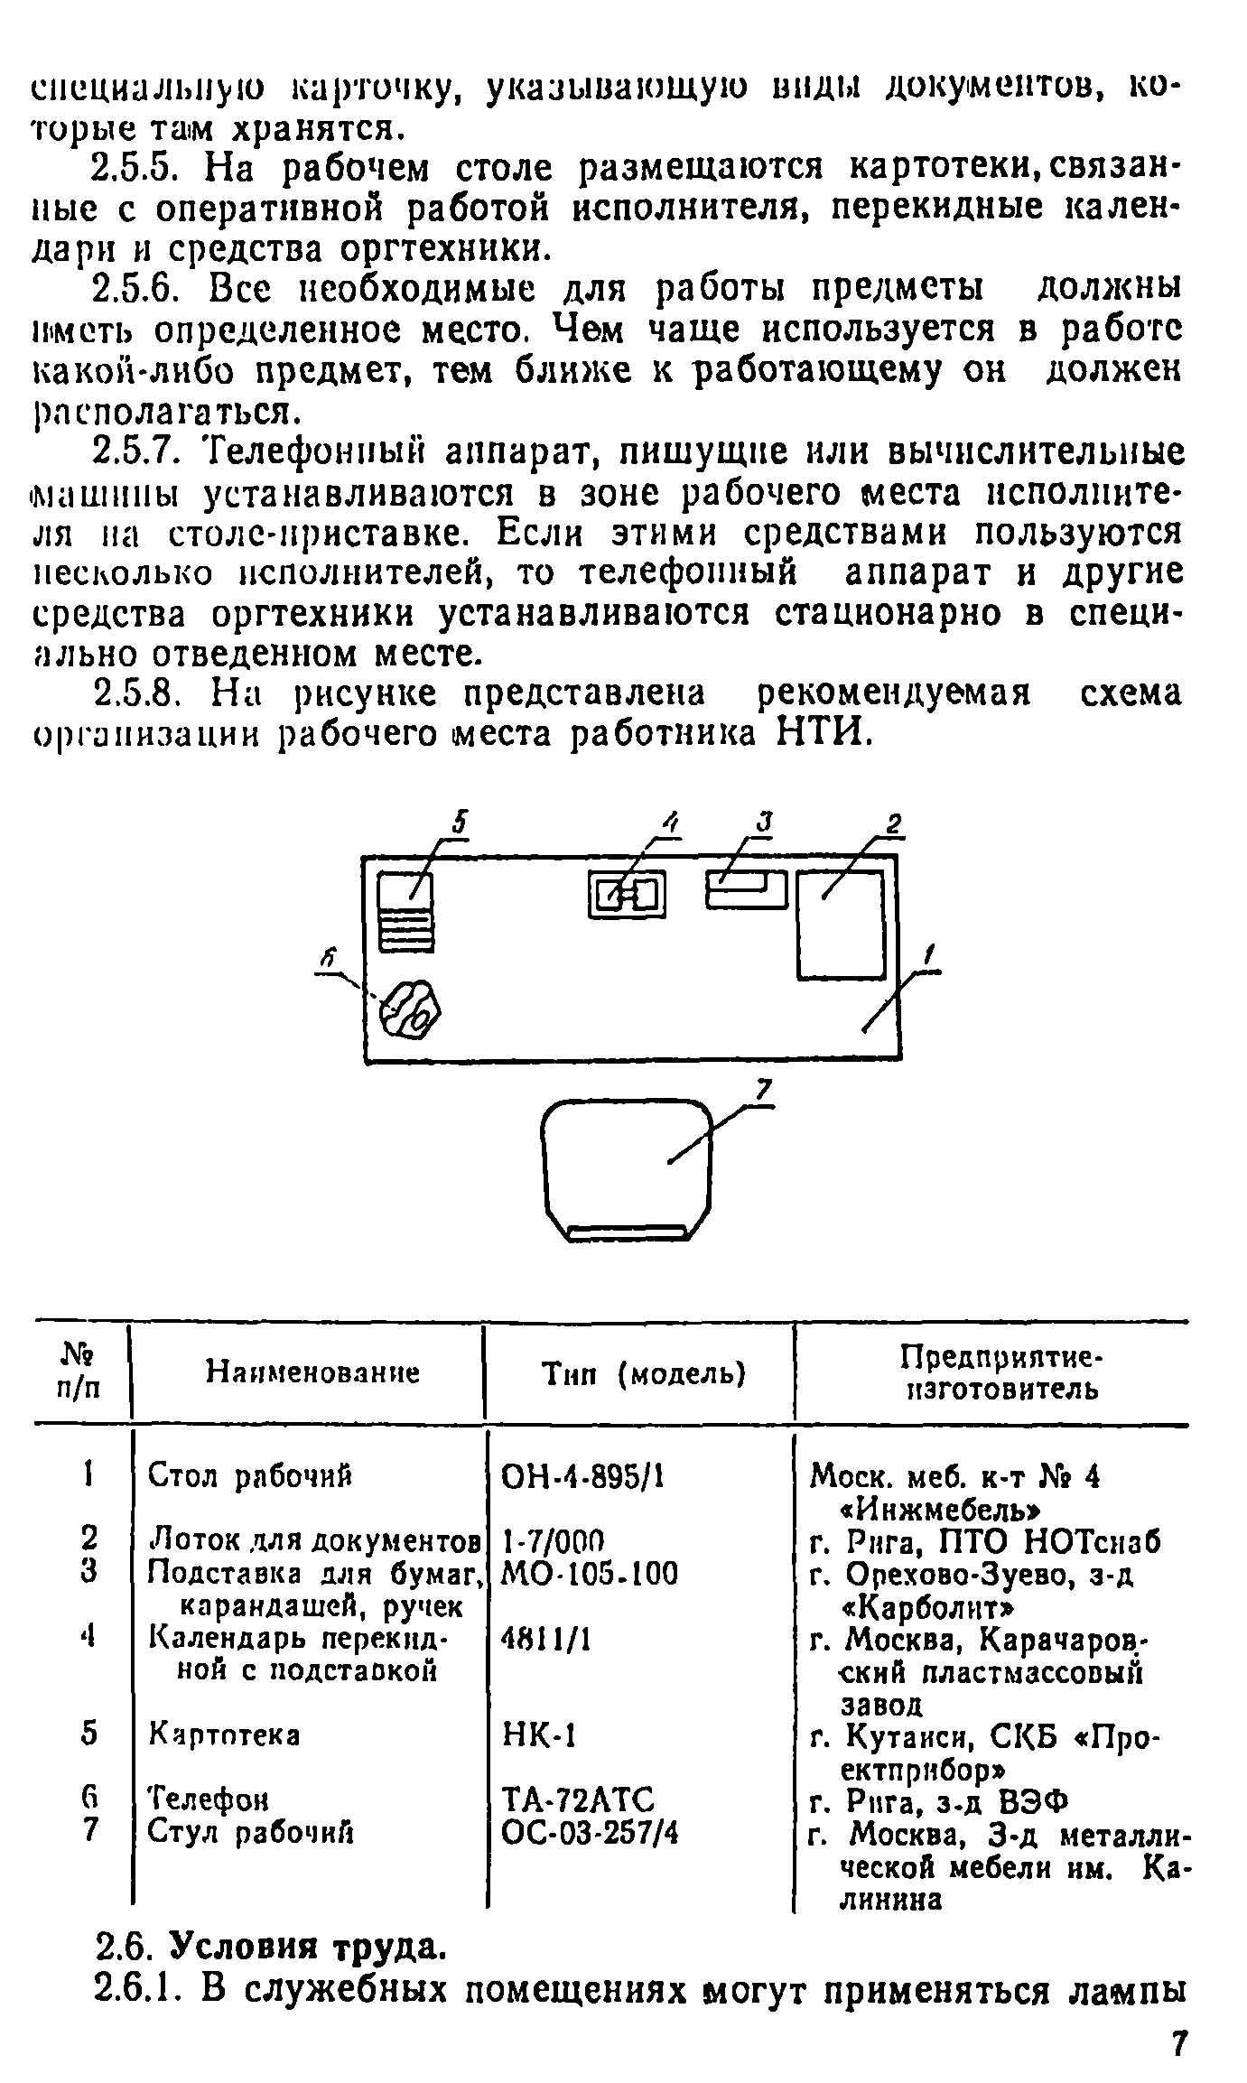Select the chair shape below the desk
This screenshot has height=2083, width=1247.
tap(628, 1167)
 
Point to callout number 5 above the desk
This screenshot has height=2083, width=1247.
tap(460, 824)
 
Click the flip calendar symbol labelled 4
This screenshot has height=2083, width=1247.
tap(627, 895)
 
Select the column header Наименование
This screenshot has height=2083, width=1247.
tap(312, 1374)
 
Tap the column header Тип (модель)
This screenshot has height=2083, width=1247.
tap(642, 1374)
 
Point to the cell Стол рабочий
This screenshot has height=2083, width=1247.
tap(249, 1476)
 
